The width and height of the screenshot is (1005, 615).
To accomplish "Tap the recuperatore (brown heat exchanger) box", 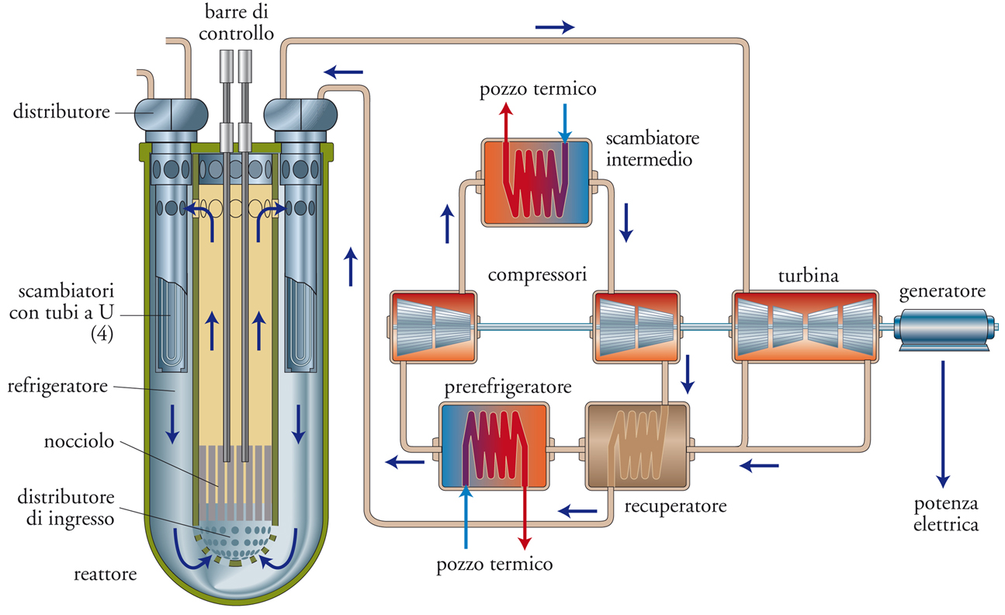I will tap(636, 445).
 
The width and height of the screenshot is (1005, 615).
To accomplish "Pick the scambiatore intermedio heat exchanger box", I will tap(535, 182).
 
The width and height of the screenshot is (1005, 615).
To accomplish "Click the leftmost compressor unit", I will tap(433, 326).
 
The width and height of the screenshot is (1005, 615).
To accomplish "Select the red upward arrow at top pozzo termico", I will tap(506, 124).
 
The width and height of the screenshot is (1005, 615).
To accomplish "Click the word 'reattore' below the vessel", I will tap(105, 575).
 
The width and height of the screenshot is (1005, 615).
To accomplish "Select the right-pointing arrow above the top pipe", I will tap(555, 27).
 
